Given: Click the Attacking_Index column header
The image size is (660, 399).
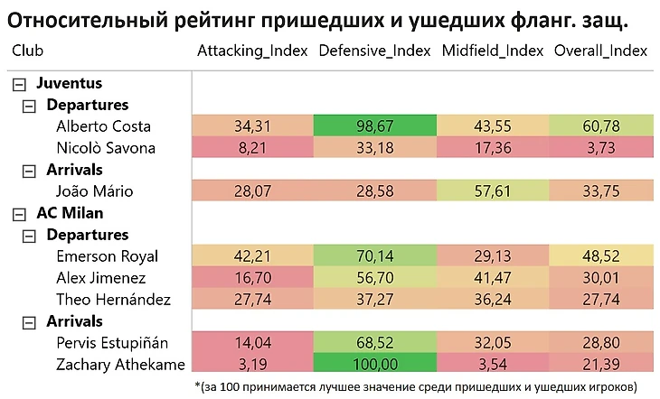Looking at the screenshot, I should click(x=252, y=51).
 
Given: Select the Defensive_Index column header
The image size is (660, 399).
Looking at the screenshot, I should click(x=374, y=51).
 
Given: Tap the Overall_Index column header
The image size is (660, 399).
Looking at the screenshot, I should click(x=600, y=51).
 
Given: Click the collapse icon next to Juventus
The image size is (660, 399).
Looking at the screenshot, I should click(x=18, y=83).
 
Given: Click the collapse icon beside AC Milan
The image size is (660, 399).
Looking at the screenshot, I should click(x=18, y=213).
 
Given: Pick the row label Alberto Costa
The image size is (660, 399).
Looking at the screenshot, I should click(x=103, y=126).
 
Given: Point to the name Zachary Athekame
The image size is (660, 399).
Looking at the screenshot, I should click(x=120, y=365).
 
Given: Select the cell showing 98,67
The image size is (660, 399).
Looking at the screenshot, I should click(x=374, y=126).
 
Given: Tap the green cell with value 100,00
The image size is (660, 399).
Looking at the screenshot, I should click(x=374, y=365).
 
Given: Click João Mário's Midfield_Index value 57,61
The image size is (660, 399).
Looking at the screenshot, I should click(x=492, y=191).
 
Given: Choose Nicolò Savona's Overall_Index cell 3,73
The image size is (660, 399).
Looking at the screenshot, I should click(x=600, y=148).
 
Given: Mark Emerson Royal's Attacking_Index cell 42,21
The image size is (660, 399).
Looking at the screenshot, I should click(x=252, y=256).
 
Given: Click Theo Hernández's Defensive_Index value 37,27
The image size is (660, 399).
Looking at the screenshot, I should click(x=374, y=300).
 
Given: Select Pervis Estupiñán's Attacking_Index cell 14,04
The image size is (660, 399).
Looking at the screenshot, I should click(x=252, y=343).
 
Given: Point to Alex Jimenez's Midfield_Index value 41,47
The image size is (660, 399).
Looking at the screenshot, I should click(x=492, y=278).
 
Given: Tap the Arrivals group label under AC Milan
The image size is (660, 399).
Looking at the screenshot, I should click(x=74, y=321).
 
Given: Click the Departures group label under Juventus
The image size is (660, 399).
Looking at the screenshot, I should click(x=87, y=105).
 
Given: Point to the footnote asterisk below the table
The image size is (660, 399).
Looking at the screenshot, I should click(x=198, y=385).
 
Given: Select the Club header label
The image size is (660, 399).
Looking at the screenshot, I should click(x=27, y=51).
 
